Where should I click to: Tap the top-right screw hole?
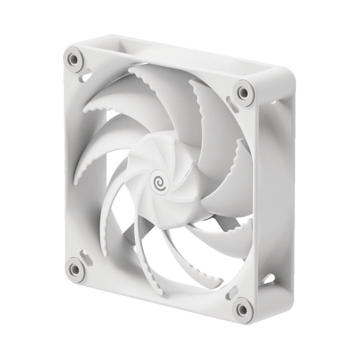242,92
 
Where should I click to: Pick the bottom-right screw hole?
242,309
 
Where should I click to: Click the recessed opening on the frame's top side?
180,52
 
